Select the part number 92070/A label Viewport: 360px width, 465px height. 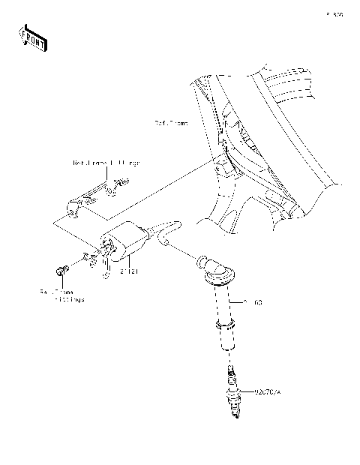coord(266,391)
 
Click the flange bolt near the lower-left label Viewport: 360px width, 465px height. coord(59,268)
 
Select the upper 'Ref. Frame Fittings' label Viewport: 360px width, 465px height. coord(106,162)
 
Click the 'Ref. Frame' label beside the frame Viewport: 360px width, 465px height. coord(171,121)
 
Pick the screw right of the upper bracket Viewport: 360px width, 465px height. coord(120,181)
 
